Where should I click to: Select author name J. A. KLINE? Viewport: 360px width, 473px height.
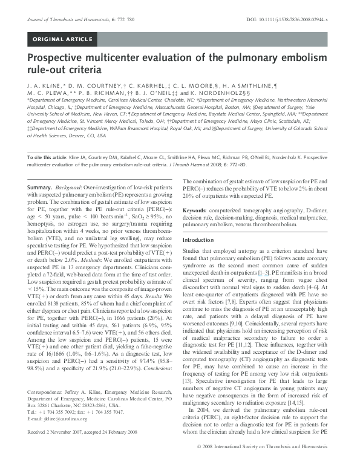42,87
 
